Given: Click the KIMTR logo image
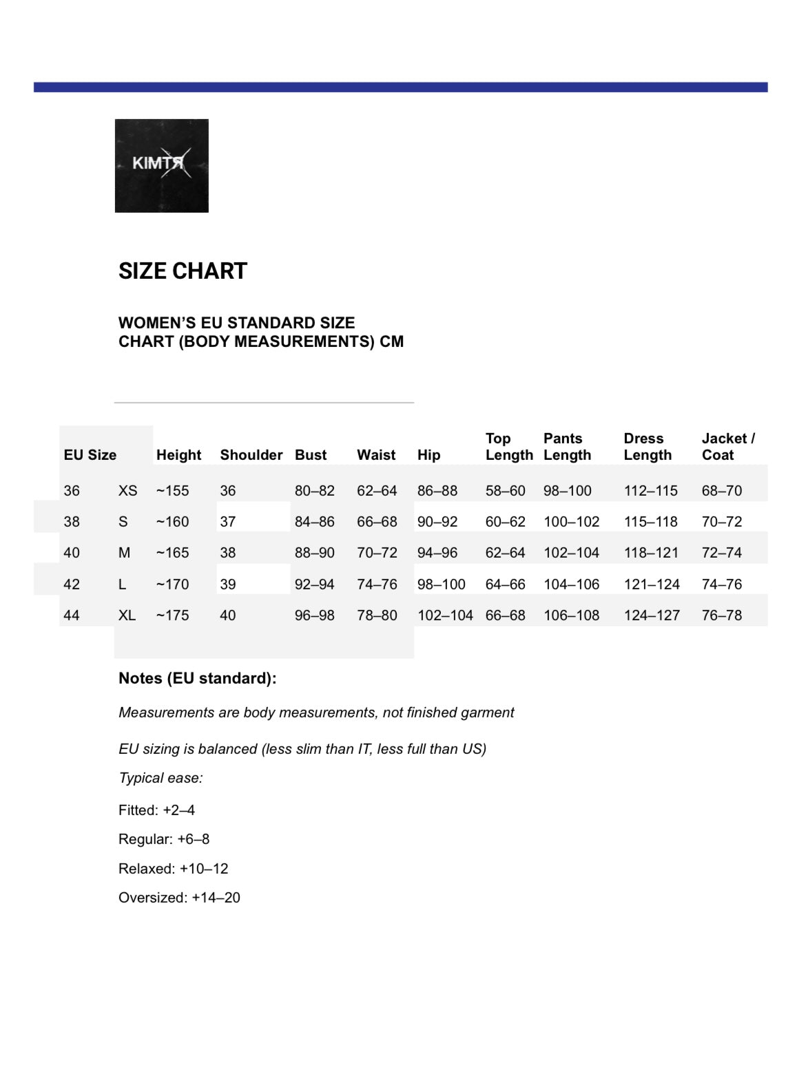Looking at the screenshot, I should tap(161, 166).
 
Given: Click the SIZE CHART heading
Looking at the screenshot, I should tap(183, 271).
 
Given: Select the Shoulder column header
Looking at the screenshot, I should tap(251, 455).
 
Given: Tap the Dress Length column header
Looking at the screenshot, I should tap(648, 447).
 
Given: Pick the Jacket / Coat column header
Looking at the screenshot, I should tap(728, 447).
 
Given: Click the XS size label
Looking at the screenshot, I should tap(127, 491).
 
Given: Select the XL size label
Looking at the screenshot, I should tap(127, 615).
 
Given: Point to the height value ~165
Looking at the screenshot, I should tap(172, 553).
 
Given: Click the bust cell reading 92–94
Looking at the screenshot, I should tap(314, 585).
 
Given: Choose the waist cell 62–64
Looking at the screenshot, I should tap(377, 491).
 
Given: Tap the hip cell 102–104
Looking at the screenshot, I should tap(445, 615).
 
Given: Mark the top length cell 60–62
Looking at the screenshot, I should tap(505, 522).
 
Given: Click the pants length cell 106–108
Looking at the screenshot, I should tap(571, 615).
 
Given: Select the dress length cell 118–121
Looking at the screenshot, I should tap(651, 553).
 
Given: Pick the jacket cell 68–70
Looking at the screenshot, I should tap(721, 491).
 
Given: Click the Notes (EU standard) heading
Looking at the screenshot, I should tap(197, 678).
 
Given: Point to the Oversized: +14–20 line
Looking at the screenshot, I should tap(179, 898).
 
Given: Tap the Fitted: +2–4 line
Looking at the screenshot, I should tap(156, 810).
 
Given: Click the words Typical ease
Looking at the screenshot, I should tap(161, 778).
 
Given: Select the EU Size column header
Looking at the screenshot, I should tap(90, 455).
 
